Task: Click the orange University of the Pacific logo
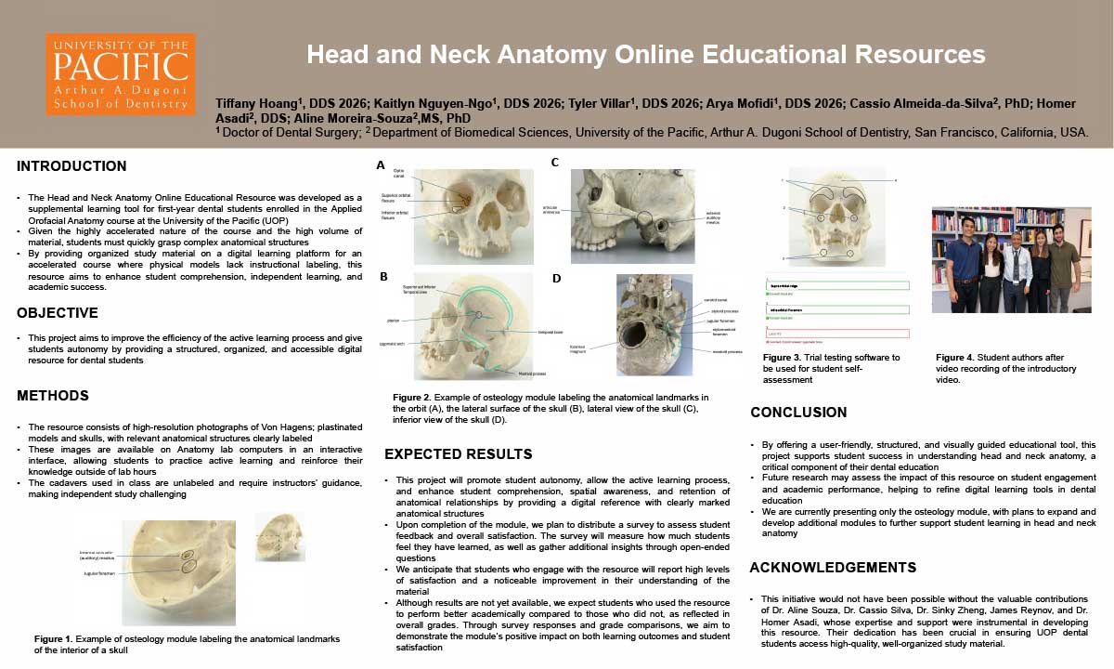tap(121, 74)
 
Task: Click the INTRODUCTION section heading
tap(71, 167)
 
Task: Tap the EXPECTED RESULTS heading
tap(459, 454)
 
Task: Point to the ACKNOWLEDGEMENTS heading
tap(833, 568)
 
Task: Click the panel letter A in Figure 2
tap(380, 165)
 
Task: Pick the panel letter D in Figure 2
tap(555, 279)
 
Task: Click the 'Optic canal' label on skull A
tap(398, 174)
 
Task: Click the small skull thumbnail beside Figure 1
tap(279, 537)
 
